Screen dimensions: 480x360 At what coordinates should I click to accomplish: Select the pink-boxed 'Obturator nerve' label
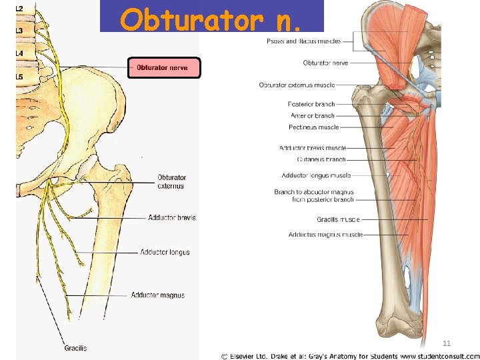click(x=164, y=68)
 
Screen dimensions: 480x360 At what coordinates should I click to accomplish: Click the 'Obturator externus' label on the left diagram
click(x=171, y=182)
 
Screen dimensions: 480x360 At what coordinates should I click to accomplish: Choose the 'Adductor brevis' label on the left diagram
click(x=172, y=218)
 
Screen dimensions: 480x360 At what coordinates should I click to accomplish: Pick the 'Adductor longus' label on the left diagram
click(x=165, y=252)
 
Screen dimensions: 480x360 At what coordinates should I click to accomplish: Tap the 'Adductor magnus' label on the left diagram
click(x=157, y=295)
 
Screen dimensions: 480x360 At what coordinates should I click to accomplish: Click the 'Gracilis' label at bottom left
click(x=75, y=348)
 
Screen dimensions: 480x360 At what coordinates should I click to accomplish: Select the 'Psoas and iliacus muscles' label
click(x=303, y=41)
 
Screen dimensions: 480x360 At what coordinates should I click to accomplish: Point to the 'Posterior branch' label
click(x=311, y=105)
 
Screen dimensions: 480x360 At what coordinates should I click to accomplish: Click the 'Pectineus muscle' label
click(x=313, y=127)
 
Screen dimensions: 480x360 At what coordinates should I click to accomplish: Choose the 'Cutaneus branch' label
click(x=321, y=160)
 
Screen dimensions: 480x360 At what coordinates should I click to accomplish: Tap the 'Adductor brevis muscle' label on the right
click(x=313, y=148)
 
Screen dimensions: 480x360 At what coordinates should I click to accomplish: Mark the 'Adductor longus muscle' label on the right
click(x=316, y=176)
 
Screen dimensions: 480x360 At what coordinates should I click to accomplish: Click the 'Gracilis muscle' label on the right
click(x=338, y=219)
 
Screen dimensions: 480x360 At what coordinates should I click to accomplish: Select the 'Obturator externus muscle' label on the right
click(x=297, y=85)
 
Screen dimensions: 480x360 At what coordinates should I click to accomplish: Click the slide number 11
click(x=447, y=343)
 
